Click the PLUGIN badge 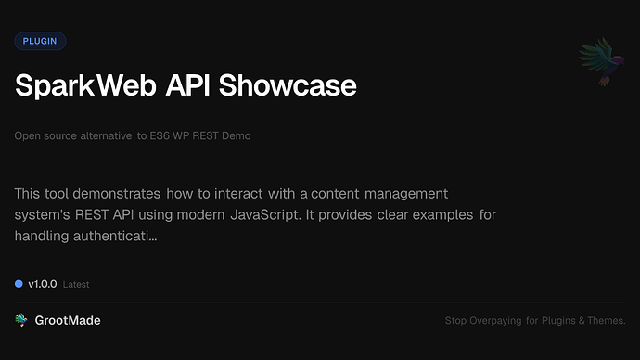pos(40,41)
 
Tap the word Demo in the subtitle pos(236,135)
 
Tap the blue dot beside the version pos(19,284)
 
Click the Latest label pos(76,285)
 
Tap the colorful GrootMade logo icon pos(20,320)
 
